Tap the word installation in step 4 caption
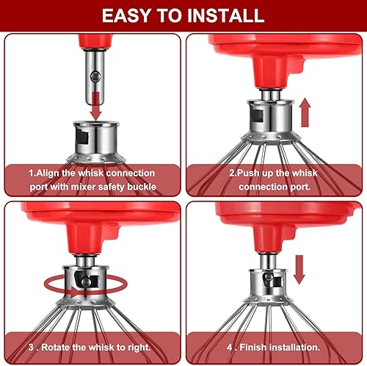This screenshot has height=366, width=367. [298, 346]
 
